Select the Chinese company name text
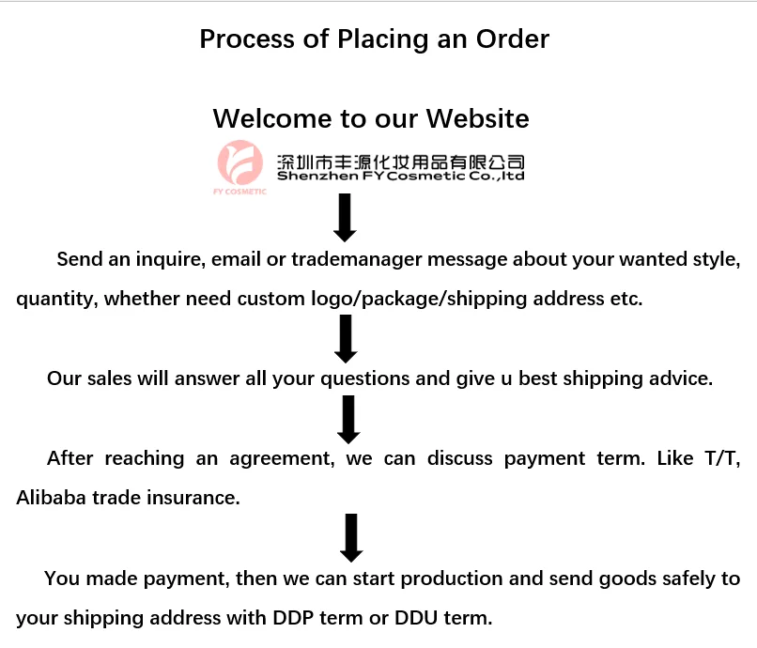[x=400, y=162]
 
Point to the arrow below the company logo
[x=345, y=217]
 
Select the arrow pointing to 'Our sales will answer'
[x=346, y=338]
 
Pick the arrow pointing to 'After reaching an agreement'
[x=348, y=419]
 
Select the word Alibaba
[x=51, y=498]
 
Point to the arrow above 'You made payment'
[x=350, y=537]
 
